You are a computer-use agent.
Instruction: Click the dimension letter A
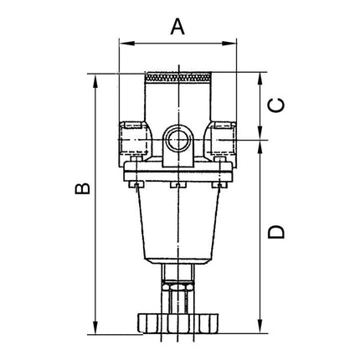(x=177, y=26)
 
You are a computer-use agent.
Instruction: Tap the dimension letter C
(x=280, y=105)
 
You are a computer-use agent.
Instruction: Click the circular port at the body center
(x=177, y=136)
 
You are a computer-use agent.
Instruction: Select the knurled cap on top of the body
(x=177, y=80)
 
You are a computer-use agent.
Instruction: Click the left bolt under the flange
(x=138, y=186)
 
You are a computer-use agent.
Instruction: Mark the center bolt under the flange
(x=177, y=186)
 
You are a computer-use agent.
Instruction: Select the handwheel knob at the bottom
(x=177, y=321)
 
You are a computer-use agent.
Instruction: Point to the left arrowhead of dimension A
(x=124, y=40)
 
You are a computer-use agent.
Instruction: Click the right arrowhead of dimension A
(x=232, y=40)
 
